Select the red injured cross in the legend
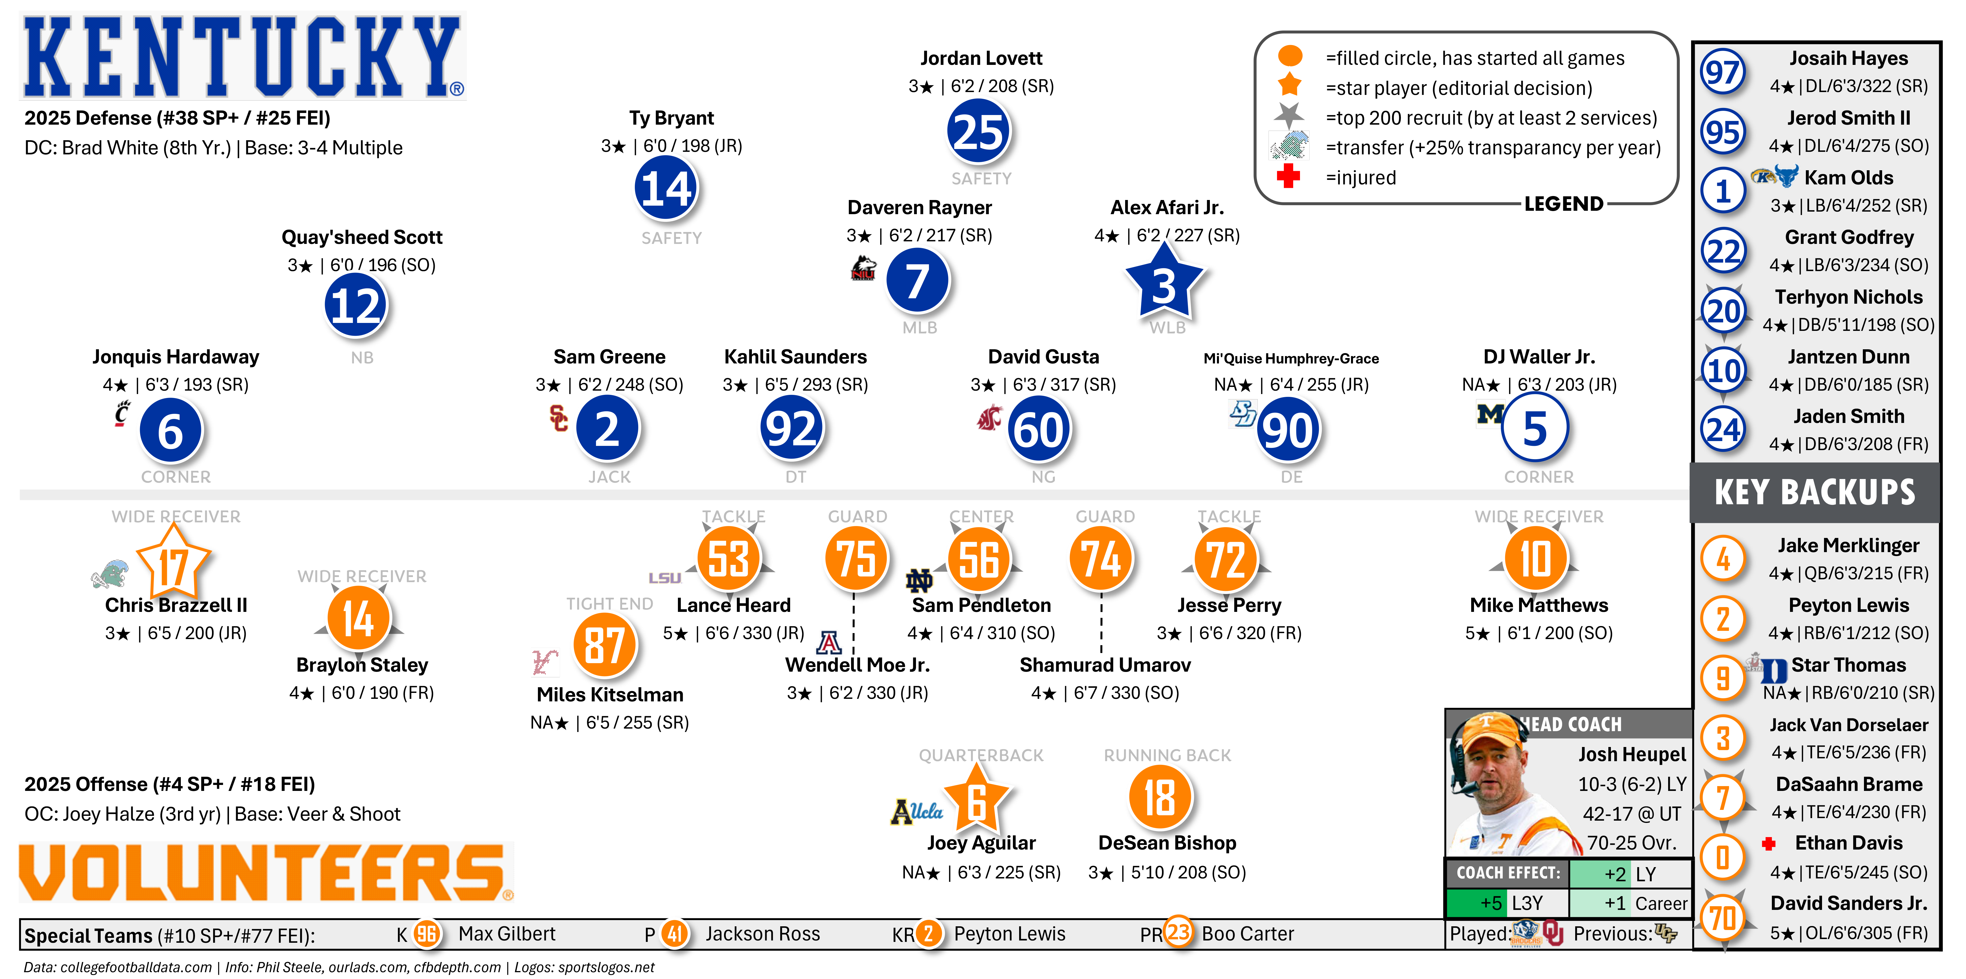1288,176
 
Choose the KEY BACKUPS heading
1815,492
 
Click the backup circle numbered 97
1723,73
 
